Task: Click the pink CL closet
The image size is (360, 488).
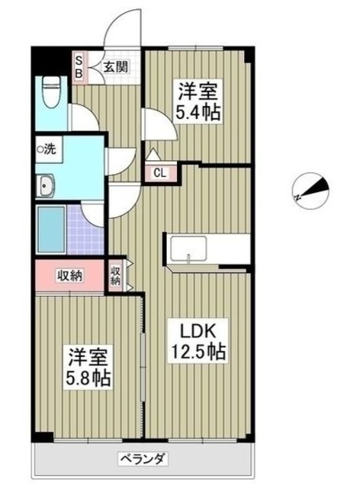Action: tap(161, 172)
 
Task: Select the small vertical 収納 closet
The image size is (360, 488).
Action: tap(116, 274)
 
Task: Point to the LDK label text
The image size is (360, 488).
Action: tap(199, 332)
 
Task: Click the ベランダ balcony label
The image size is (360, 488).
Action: tap(142, 459)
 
